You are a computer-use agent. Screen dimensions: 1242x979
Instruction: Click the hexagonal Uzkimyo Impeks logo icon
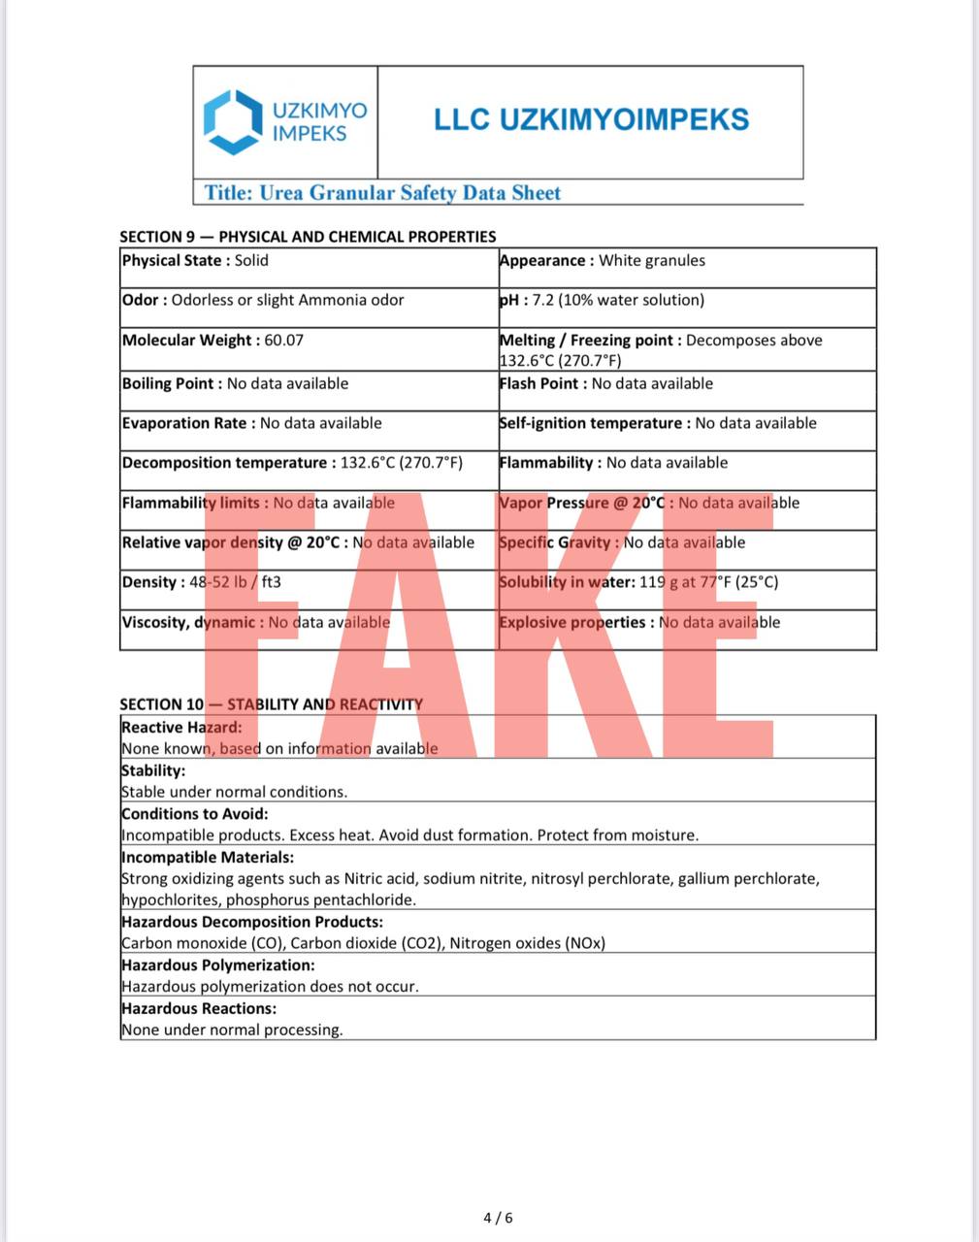click(x=233, y=121)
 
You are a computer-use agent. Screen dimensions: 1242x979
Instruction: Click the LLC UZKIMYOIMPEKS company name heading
click(x=591, y=119)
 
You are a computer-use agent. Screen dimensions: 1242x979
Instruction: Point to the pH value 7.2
click(x=545, y=300)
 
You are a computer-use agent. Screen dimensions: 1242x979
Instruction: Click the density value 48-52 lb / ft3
click(x=235, y=582)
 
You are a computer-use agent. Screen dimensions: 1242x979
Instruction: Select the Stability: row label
click(x=153, y=770)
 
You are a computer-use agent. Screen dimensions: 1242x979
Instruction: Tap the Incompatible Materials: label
click(x=208, y=857)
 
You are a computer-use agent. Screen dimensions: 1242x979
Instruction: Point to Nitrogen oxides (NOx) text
click(x=527, y=942)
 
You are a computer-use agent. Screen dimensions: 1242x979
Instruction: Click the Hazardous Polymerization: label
click(x=218, y=964)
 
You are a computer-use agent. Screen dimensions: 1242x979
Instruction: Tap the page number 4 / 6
click(x=498, y=1217)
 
